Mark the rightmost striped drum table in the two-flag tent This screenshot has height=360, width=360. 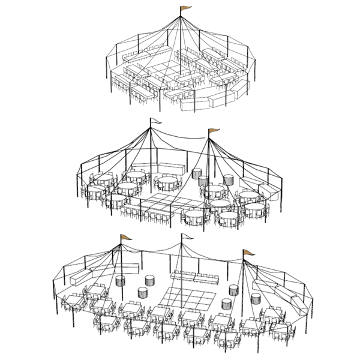click(229, 179)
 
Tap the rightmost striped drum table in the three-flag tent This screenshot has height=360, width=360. click(256, 297)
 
